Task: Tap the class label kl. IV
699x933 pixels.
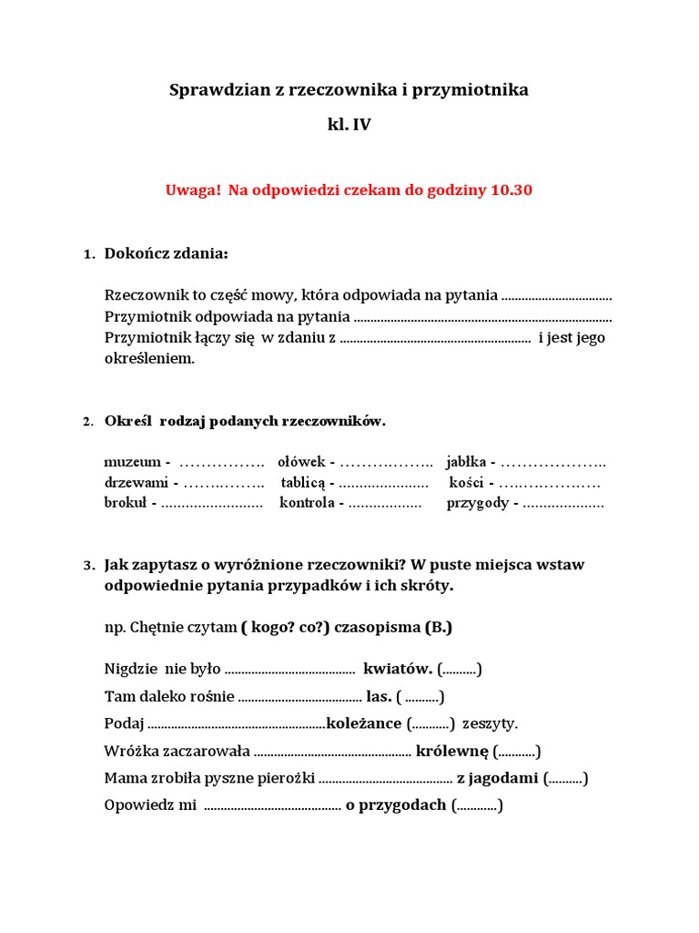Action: [x=349, y=126]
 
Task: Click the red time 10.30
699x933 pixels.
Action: [x=512, y=190]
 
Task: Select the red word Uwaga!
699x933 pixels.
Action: [x=193, y=190]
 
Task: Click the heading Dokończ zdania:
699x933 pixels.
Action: [x=167, y=252]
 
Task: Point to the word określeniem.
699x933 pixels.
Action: [x=150, y=358]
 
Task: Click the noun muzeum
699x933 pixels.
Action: [x=132, y=462]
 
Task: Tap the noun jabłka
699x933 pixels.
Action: [x=465, y=462]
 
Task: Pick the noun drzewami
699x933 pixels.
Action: [x=137, y=483]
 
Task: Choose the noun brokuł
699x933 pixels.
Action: [x=127, y=503]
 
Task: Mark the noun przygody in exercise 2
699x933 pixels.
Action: [x=478, y=503]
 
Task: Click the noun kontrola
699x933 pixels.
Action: [x=307, y=503]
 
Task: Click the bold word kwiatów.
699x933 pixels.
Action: [x=397, y=670]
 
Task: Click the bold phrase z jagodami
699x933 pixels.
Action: [x=498, y=778]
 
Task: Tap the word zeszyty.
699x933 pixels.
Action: [x=490, y=723]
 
